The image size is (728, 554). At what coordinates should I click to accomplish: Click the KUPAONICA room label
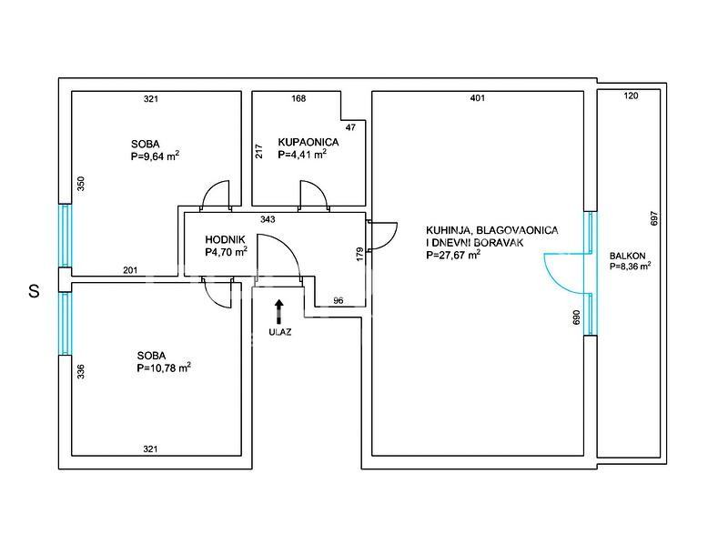308,142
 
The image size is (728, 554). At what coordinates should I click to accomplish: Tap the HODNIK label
225,239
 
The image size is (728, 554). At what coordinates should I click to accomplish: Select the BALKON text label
627,256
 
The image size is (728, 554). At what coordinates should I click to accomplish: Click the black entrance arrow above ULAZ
278,311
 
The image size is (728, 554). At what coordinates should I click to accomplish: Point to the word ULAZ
280,332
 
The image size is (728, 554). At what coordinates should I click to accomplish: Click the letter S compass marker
34,291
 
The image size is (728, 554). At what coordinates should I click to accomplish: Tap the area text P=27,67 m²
453,255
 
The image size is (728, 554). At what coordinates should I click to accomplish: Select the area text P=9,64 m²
155,156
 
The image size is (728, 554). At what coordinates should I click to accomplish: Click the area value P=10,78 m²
164,368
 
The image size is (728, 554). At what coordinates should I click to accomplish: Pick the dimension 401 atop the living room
477,98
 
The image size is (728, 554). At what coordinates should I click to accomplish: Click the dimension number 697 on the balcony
654,218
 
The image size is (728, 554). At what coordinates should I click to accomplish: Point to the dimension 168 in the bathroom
298,98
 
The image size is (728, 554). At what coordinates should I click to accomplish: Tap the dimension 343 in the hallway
268,219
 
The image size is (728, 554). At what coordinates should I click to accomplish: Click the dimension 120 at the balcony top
631,96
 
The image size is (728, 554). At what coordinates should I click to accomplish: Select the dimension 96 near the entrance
338,301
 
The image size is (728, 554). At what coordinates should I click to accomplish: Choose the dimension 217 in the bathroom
259,151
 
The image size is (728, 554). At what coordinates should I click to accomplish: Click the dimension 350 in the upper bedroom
80,184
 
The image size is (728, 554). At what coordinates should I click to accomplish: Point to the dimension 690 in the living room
577,317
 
